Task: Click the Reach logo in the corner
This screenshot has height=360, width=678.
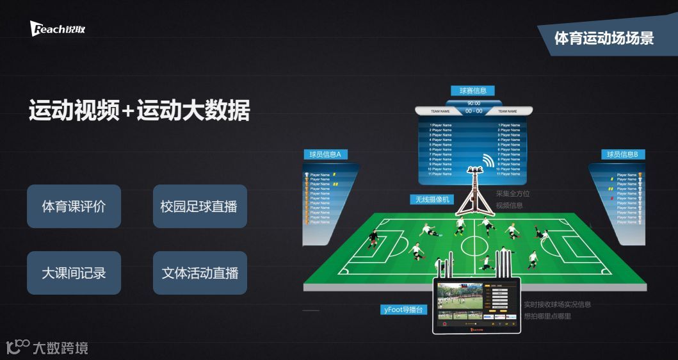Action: [x=57, y=29]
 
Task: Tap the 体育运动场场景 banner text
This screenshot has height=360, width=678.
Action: [x=604, y=38]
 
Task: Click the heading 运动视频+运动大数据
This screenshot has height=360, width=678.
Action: [x=139, y=110]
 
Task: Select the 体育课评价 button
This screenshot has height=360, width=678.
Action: [x=74, y=206]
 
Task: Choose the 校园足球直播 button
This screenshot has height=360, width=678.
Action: [x=199, y=206]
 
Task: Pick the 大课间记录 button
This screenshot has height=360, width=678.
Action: [x=74, y=273]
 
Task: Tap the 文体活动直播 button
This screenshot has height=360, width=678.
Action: [x=199, y=273]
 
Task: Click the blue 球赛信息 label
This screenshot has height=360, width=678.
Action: [x=472, y=91]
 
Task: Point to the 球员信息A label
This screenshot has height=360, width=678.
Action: [x=325, y=154]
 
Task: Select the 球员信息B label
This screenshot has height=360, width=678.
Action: [x=622, y=154]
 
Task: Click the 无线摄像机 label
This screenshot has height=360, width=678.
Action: [x=432, y=200]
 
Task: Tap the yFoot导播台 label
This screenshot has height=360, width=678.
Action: [x=403, y=310]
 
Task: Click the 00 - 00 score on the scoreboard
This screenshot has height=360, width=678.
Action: [x=474, y=111]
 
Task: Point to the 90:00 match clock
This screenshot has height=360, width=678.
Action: [x=474, y=103]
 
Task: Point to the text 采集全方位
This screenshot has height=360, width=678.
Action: [x=513, y=193]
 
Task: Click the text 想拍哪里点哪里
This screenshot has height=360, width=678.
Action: [x=547, y=316]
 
